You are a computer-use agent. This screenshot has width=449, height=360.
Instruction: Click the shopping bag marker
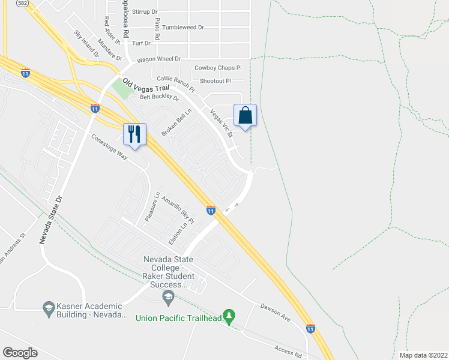(245, 115)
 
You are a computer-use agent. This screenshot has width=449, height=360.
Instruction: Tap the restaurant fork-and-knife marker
(134, 134)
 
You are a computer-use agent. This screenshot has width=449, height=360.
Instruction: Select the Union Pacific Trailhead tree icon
(228, 316)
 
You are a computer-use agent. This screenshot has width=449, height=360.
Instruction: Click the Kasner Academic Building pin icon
(48, 309)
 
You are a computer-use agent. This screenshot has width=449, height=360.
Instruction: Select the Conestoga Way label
(110, 145)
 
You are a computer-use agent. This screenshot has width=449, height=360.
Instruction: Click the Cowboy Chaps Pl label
(217, 68)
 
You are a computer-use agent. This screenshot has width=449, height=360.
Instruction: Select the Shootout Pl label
(215, 81)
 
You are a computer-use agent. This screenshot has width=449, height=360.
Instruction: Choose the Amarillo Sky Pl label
(178, 209)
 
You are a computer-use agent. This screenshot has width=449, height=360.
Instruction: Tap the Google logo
(20, 352)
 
